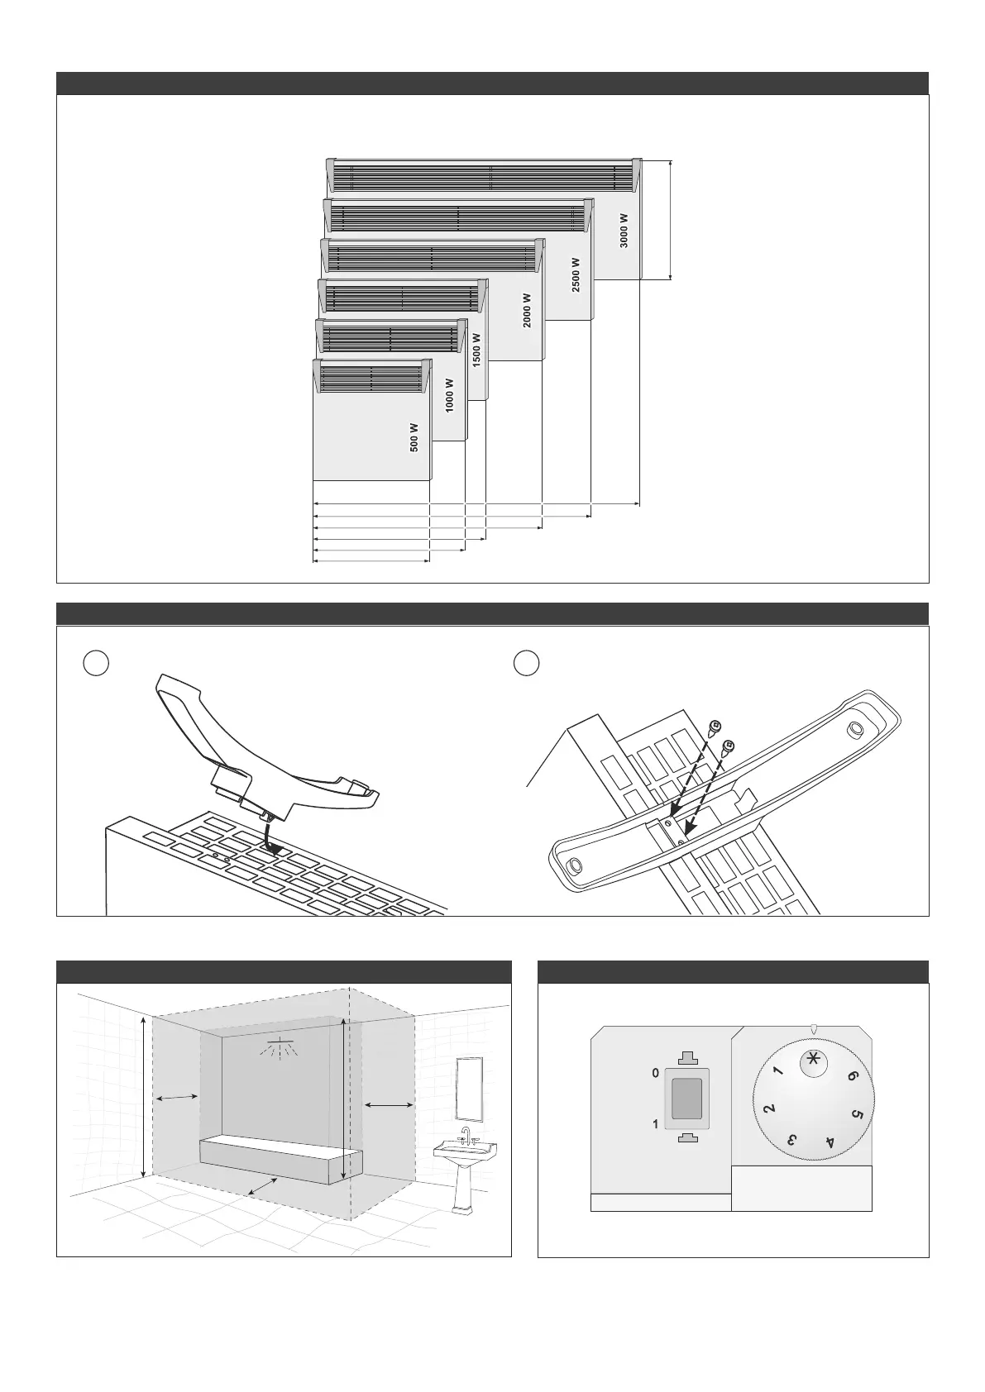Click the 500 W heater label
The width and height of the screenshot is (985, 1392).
(414, 437)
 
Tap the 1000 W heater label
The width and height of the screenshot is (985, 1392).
(449, 396)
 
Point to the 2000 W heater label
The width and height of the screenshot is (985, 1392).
(527, 312)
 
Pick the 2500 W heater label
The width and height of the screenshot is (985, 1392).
(576, 274)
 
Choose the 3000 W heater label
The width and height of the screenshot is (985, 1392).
(624, 231)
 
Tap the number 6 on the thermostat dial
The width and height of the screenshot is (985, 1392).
(852, 1076)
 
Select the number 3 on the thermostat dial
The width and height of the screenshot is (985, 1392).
(791, 1141)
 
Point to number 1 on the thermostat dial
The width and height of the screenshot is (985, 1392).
(777, 1072)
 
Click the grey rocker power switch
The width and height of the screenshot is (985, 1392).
(686, 1099)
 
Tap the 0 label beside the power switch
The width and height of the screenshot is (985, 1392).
(656, 1073)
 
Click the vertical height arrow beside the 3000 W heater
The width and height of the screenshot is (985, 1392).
(670, 221)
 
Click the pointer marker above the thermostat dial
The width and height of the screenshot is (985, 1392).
(814, 1030)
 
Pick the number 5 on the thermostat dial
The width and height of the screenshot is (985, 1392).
(857, 1114)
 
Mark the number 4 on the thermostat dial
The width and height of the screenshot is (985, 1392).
(830, 1143)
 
